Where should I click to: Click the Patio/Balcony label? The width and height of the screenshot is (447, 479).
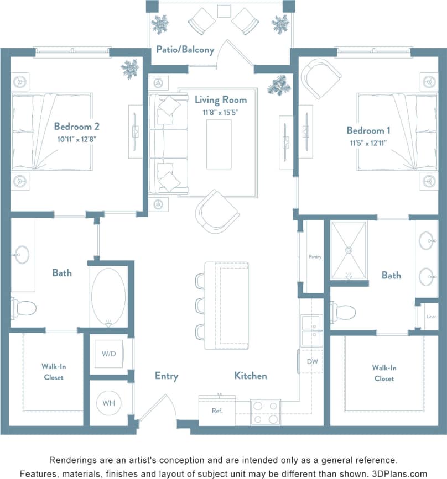coord(185,50)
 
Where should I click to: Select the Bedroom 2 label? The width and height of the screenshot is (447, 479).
coord(77,126)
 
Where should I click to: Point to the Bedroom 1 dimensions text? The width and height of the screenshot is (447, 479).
coord(368,143)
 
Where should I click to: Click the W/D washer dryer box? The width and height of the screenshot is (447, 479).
coord(108,353)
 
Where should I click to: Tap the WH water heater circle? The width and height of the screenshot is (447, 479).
coord(108,403)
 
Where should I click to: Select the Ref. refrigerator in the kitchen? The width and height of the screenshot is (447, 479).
coord(217,411)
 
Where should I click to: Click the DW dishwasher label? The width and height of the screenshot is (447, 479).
coord(311,361)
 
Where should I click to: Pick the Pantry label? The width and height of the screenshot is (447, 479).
coord(315,257)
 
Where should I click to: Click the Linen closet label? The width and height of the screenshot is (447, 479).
coord(432,317)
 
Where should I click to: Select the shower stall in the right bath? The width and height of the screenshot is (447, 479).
coord(349,250)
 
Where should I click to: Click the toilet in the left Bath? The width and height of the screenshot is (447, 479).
coord(24,307)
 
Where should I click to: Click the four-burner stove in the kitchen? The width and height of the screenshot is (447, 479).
coord(266,412)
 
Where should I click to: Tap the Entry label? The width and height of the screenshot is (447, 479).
coord(166,376)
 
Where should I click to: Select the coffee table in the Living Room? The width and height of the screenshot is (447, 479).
coord(219,144)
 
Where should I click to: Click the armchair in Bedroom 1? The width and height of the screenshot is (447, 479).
coord(321,78)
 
